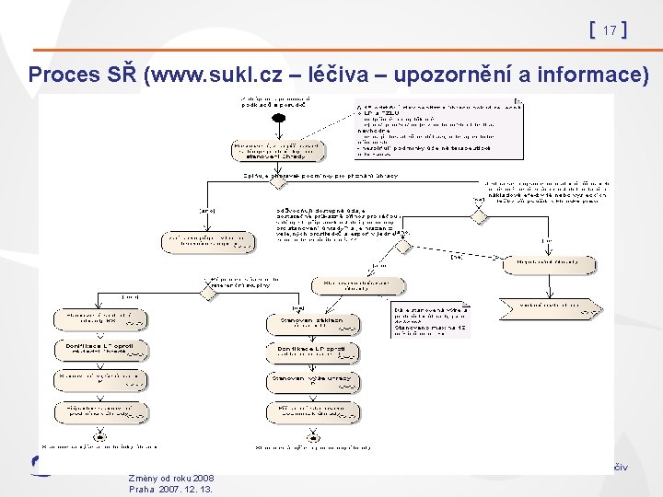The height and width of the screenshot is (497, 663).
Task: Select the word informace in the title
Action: coord(594,75)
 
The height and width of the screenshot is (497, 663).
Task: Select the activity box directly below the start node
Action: coord(277,149)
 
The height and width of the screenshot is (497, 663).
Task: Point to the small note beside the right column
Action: coord(430,320)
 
